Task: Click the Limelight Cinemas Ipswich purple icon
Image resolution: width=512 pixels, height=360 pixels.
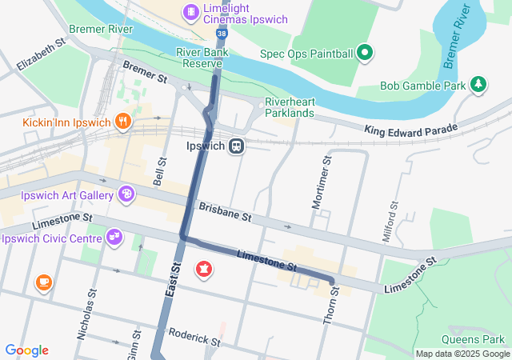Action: tap(190, 11)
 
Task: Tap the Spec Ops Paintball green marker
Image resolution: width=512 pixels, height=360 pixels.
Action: tap(366, 54)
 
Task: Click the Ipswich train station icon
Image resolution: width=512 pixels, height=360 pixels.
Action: tap(236, 147)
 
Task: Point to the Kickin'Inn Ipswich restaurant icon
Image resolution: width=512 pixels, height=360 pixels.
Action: tap(122, 122)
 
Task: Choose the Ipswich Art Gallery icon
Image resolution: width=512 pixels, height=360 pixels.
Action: tap(126, 194)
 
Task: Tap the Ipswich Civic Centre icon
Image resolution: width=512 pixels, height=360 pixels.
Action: tap(114, 237)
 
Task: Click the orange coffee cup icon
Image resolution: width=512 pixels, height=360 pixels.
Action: tap(43, 282)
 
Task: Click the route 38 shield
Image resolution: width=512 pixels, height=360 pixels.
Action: tap(221, 34)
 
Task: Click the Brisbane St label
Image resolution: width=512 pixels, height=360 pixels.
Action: tap(225, 212)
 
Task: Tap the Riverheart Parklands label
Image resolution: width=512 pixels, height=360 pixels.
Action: tap(289, 107)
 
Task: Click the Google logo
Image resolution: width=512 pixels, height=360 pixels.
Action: tap(26, 350)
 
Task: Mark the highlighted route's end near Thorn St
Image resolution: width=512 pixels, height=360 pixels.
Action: tap(331, 281)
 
